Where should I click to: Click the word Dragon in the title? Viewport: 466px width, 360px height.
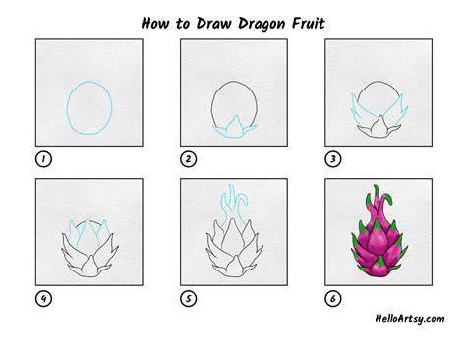click(x=262, y=24)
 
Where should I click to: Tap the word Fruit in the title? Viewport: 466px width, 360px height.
click(x=308, y=23)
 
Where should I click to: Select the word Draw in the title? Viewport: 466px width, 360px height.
click(x=213, y=23)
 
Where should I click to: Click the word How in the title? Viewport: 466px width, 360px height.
click(x=155, y=23)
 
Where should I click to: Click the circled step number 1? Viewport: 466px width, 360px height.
click(x=43, y=159)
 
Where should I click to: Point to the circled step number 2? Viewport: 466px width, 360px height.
click(x=188, y=159)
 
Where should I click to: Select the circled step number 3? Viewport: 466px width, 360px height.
click(x=333, y=159)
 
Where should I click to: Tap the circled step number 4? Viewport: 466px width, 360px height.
click(x=43, y=299)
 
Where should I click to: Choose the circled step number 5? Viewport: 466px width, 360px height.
click(x=188, y=299)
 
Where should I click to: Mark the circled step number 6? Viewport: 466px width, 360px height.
click(x=333, y=299)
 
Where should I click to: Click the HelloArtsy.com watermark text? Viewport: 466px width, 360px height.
click(x=410, y=319)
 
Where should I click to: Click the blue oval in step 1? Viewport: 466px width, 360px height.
click(x=68, y=108)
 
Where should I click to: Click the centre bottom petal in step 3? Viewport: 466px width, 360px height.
click(x=379, y=127)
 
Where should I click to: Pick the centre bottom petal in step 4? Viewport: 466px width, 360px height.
click(x=89, y=268)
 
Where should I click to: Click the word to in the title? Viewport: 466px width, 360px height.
click(x=183, y=24)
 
